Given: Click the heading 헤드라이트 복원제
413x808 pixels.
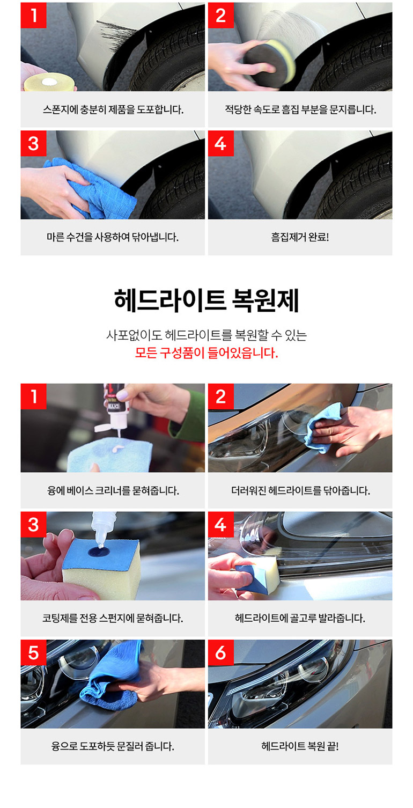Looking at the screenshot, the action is [206, 300].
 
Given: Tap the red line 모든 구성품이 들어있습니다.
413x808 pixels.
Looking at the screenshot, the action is [206, 353].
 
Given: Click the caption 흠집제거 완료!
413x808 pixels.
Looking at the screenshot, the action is [300, 237].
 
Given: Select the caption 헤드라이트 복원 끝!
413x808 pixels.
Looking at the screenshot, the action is [300, 746].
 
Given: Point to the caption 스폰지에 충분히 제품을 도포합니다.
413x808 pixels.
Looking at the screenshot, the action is [113, 109].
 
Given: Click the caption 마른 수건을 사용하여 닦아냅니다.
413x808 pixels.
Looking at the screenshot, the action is [113, 237].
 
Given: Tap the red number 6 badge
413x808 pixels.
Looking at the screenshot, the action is [221, 652].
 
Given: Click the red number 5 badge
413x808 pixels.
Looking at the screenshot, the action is [34, 652].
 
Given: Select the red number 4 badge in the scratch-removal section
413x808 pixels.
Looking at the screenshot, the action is [221, 143].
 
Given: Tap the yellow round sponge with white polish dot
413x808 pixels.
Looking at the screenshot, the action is [50, 83].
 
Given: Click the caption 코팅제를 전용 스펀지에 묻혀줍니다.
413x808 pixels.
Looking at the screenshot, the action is [113, 618].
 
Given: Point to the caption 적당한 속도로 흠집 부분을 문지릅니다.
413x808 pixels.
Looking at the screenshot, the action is [300, 109].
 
